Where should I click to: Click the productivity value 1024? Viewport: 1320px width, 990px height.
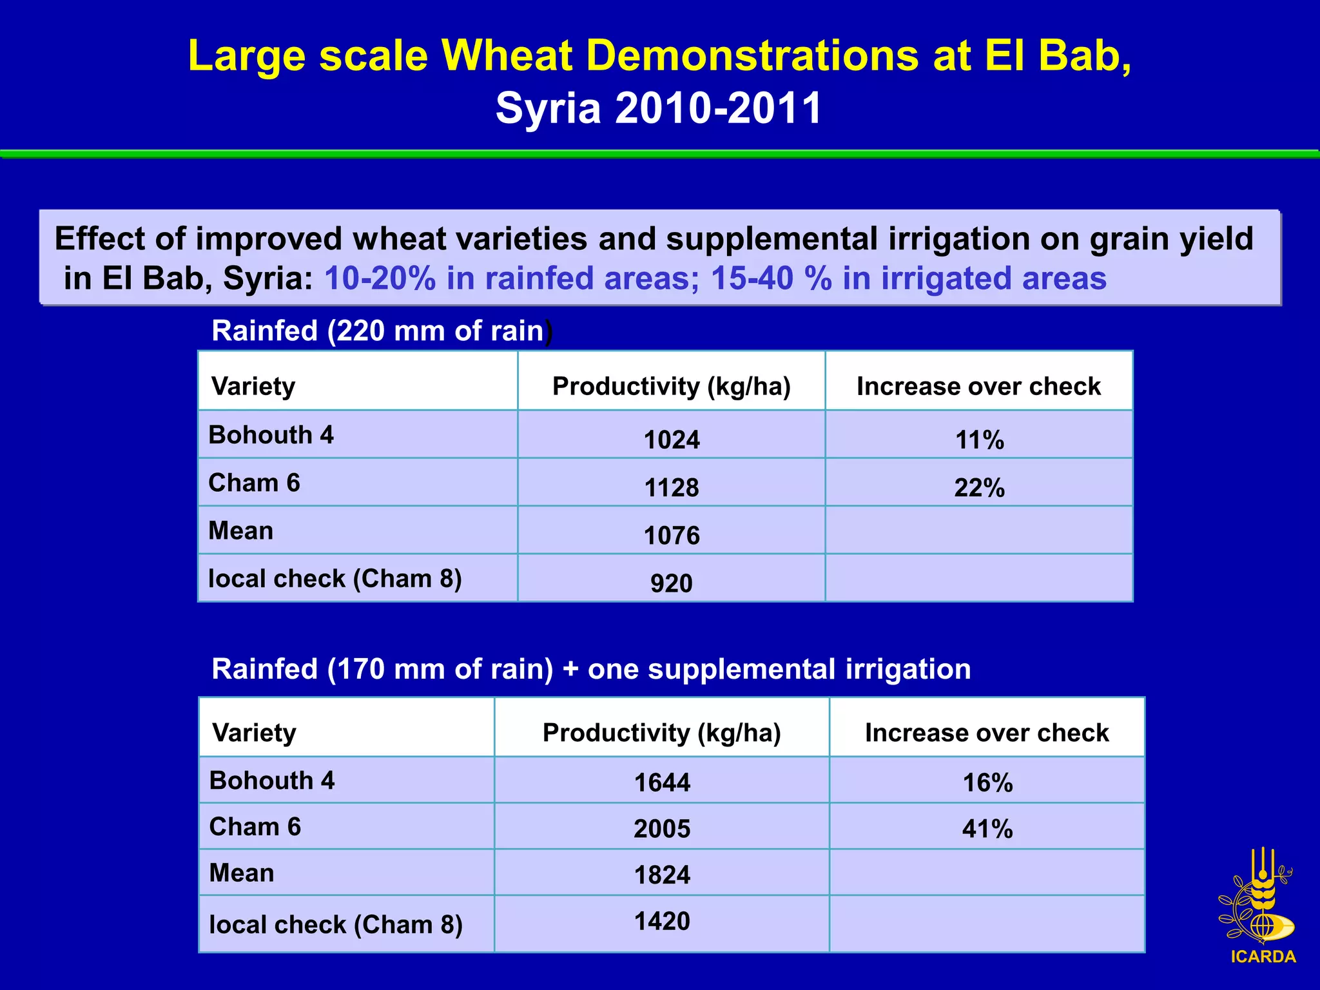coord(672,440)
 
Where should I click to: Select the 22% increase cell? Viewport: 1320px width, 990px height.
coord(979,487)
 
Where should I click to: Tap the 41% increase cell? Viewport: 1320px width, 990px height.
coord(987,828)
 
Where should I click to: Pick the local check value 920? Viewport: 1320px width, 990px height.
coord(671,583)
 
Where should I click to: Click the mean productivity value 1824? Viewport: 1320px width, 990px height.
coord(662,875)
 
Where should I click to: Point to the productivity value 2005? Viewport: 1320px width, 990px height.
coord(662,828)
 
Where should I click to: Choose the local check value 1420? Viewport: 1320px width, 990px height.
coord(662,921)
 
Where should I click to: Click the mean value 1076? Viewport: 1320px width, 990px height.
coord(672,535)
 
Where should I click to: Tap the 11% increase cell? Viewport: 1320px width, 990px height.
coord(979,440)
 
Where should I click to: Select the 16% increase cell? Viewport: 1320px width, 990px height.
coord(987,782)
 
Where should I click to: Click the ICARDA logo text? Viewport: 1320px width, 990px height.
coord(1263,956)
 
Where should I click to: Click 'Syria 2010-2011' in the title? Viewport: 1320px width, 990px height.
coord(659,108)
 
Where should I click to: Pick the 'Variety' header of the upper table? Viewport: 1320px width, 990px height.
coord(253,386)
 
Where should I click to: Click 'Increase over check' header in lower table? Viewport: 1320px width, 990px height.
coord(987,733)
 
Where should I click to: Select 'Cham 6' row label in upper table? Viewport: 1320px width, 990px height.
coord(254,483)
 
